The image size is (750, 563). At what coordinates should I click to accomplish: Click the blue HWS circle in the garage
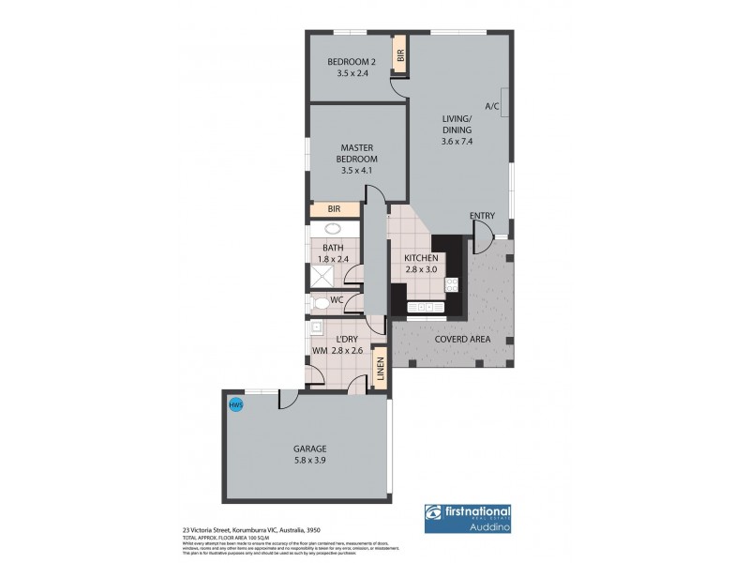(x=236, y=405)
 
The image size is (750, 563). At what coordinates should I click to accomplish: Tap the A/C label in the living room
(x=491, y=106)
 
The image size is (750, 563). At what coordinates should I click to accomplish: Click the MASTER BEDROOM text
(x=357, y=154)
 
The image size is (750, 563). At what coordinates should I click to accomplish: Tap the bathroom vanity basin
(x=332, y=228)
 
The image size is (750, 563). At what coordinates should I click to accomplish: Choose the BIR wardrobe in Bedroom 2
(x=400, y=56)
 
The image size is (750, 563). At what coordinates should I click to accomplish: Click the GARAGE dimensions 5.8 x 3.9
(x=307, y=462)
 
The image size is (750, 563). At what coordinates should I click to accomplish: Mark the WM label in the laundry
(x=320, y=350)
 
